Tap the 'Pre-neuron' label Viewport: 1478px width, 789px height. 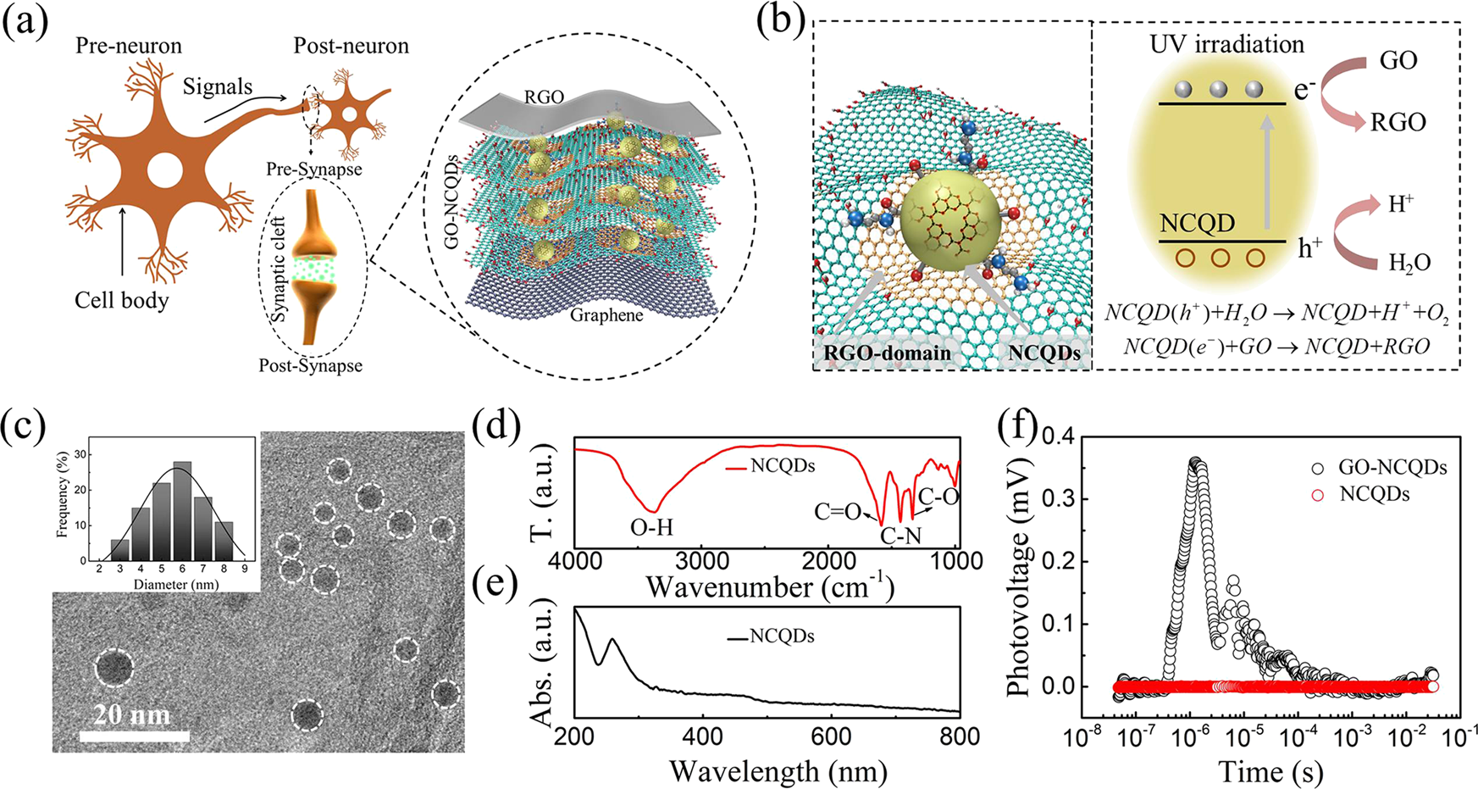click(x=129, y=45)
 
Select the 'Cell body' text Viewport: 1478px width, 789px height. click(x=122, y=300)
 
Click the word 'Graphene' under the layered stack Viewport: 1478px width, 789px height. click(x=606, y=315)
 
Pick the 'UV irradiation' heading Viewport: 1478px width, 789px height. click(x=1226, y=44)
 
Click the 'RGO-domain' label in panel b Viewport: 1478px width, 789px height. click(x=887, y=352)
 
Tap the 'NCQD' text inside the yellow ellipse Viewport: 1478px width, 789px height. click(x=1197, y=224)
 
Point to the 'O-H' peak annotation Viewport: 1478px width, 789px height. click(x=651, y=527)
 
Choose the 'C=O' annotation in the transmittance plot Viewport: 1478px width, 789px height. click(x=838, y=512)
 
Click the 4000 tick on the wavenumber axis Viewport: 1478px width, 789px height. click(x=575, y=561)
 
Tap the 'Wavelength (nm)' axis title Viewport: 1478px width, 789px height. click(x=778, y=771)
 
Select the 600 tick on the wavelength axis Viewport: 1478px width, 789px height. click(x=831, y=737)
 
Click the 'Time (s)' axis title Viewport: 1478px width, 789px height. click(x=1270, y=771)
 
